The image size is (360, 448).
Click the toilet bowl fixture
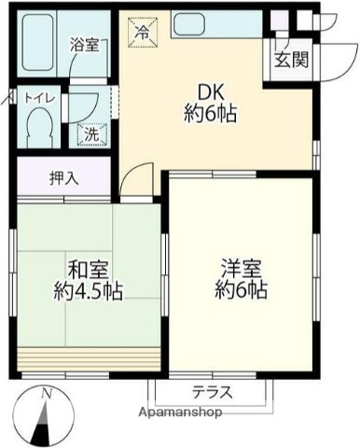point(40,127)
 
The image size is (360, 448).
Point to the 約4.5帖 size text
point(86,290)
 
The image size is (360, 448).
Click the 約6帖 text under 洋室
point(242,290)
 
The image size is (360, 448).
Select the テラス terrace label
point(213,392)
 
